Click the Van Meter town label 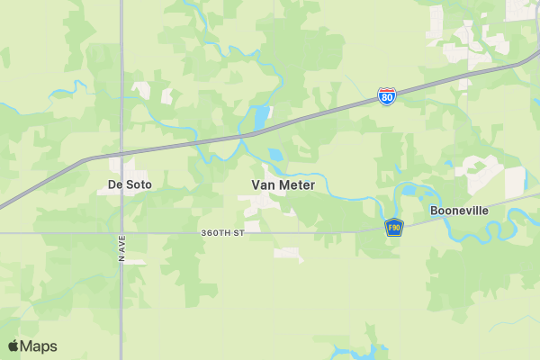pyautogui.click(x=283, y=184)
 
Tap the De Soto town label pyautogui.click(x=130, y=184)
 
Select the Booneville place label pyautogui.click(x=459, y=210)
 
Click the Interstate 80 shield pyautogui.click(x=385, y=95)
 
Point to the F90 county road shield pyautogui.click(x=393, y=228)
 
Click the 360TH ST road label pyautogui.click(x=223, y=232)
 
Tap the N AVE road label pyautogui.click(x=121, y=248)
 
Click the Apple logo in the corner pyautogui.click(x=13, y=346)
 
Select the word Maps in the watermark pyautogui.click(x=39, y=346)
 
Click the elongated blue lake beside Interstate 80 pyautogui.click(x=261, y=118)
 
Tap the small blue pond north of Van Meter pyautogui.click(x=274, y=155)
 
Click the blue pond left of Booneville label pyautogui.click(x=409, y=191)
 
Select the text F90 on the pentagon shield pyautogui.click(x=393, y=229)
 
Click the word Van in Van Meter pyautogui.click(x=262, y=184)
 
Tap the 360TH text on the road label pyautogui.click(x=214, y=232)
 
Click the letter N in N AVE pyautogui.click(x=121, y=259)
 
